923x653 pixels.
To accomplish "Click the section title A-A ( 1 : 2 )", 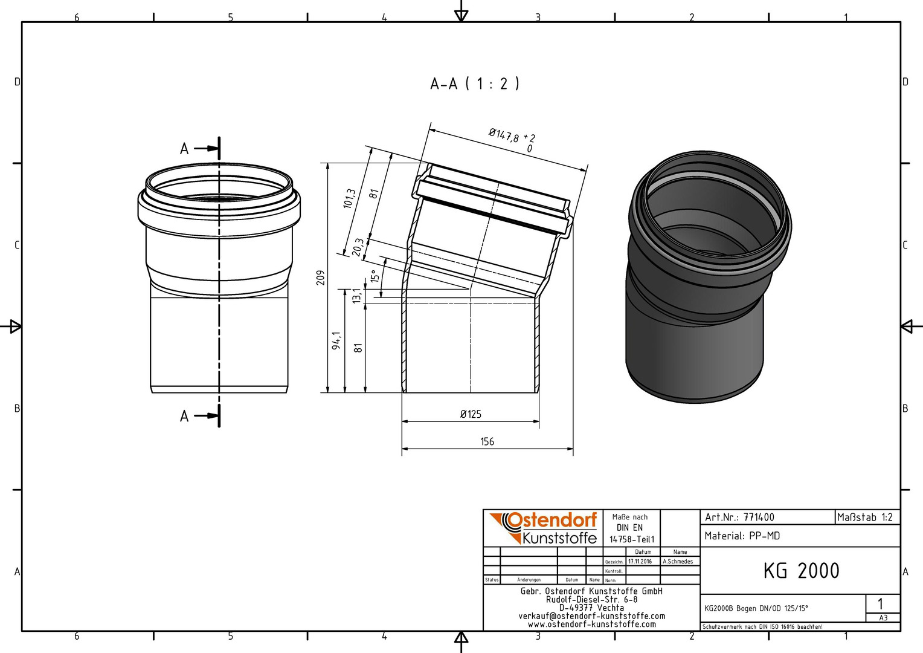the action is tap(475, 84).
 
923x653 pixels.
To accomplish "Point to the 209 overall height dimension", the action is tap(321, 278).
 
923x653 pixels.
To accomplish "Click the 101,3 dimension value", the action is tap(349, 199).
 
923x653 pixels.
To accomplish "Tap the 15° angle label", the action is tap(374, 276).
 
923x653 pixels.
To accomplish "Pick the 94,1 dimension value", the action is tap(337, 341).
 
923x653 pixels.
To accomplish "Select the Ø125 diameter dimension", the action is tap(471, 414).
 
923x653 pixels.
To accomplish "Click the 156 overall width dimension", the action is tap(487, 442).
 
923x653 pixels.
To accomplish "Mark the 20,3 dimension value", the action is tap(358, 247).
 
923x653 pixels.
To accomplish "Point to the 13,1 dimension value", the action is tap(357, 295).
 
